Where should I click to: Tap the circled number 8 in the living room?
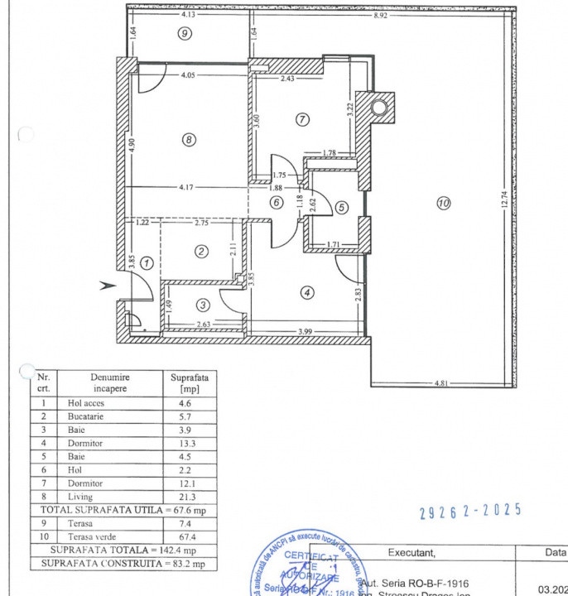pyautogui.click(x=190, y=140)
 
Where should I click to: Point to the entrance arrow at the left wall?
pyautogui.click(x=107, y=286)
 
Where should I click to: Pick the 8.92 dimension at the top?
pyautogui.click(x=381, y=14)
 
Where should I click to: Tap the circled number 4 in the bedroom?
pyautogui.click(x=308, y=291)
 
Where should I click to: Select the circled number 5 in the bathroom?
pyautogui.click(x=342, y=207)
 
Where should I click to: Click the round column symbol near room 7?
pyautogui.click(x=379, y=107)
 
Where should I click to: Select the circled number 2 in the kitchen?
pyautogui.click(x=200, y=252)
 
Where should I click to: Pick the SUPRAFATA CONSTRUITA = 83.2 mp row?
pyautogui.click(x=123, y=564)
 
